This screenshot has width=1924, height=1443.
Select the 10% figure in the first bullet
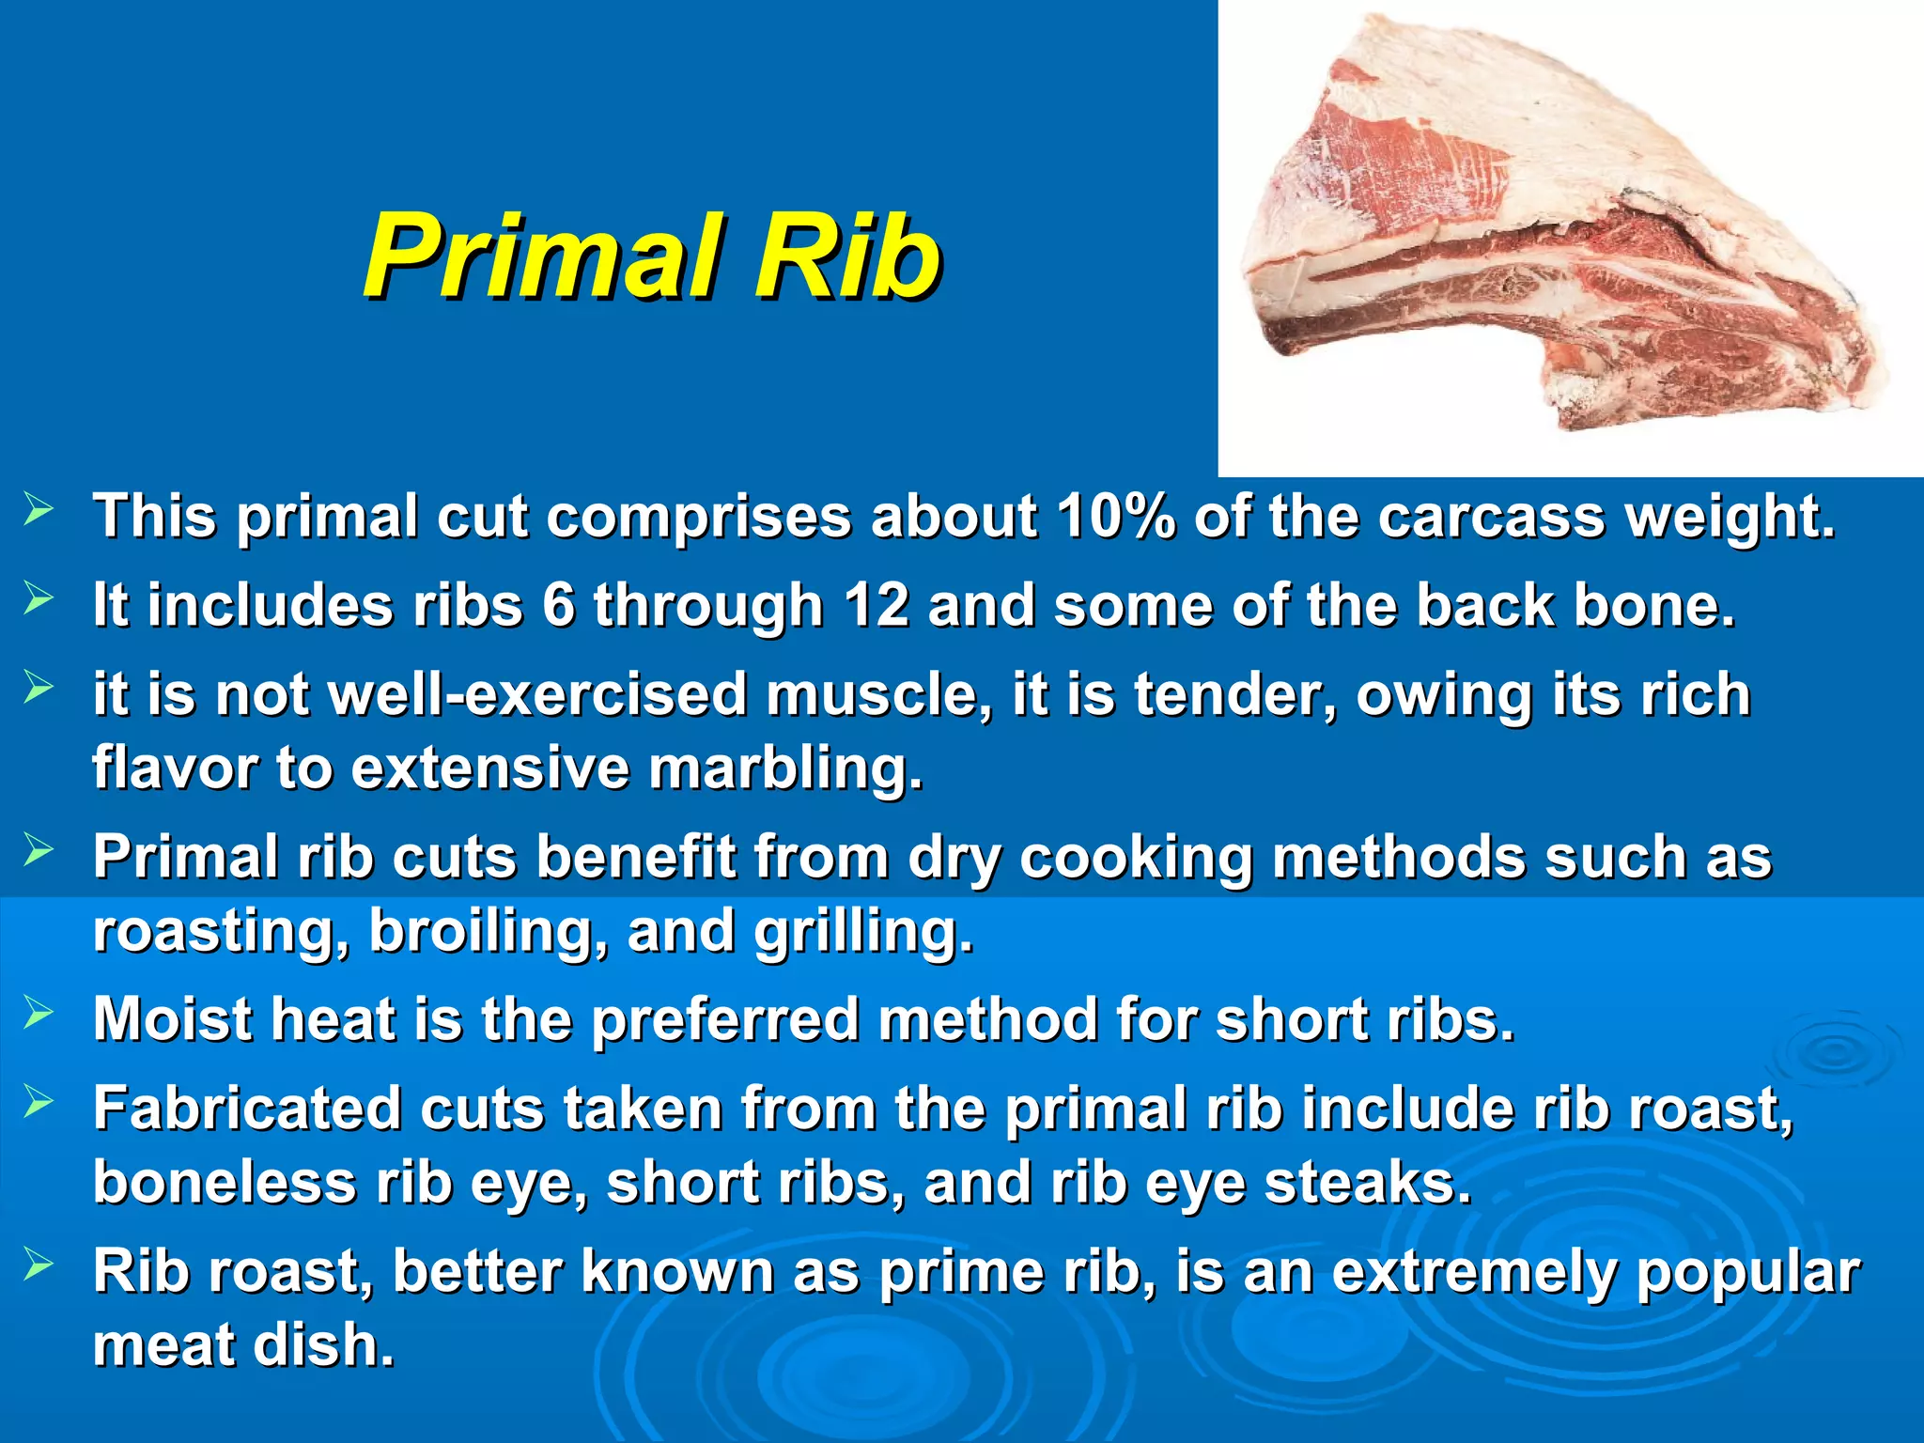pyautogui.click(x=1115, y=516)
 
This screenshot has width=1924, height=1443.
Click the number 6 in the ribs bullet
pyautogui.click(x=558, y=604)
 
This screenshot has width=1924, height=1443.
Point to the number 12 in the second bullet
pyautogui.click(x=877, y=604)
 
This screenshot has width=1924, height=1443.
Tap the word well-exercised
pyautogui.click(x=537, y=694)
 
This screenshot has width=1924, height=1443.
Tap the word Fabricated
pyautogui.click(x=246, y=1109)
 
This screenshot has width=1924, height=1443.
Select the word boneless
pyautogui.click(x=225, y=1182)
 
